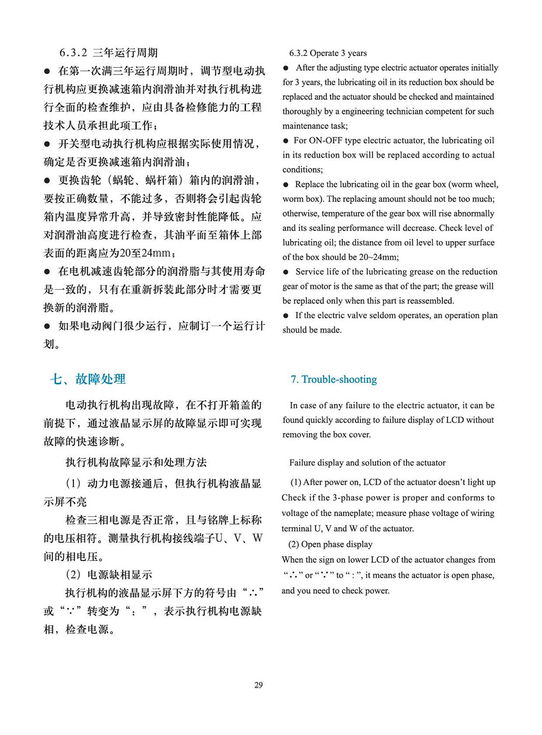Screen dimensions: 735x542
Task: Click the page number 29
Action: point(258,685)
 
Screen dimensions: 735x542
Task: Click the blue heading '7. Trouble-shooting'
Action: point(334,379)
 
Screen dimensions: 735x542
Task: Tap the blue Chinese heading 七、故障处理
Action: point(88,379)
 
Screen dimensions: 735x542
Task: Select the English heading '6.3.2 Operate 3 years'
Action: point(328,53)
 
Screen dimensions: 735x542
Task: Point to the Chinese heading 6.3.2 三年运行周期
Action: point(108,53)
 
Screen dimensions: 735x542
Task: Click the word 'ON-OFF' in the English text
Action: point(325,140)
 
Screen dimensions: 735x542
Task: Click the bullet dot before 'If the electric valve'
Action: point(285,316)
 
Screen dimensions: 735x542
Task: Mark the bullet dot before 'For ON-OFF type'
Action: point(285,141)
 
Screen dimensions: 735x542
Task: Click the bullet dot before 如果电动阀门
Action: point(47,326)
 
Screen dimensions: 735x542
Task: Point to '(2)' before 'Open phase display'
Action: point(294,544)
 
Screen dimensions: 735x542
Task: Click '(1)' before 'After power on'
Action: point(296,482)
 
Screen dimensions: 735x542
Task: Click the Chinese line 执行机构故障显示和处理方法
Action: point(136,462)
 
